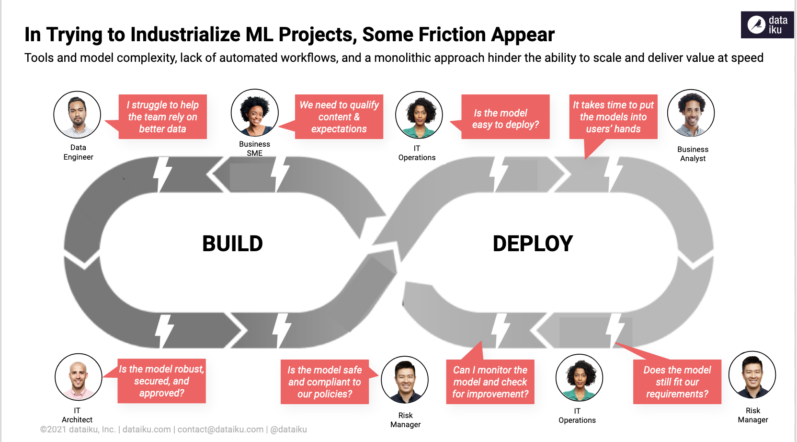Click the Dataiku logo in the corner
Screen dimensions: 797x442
[x=767, y=24]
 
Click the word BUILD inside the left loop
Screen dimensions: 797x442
[x=232, y=244]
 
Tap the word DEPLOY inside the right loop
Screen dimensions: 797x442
[x=533, y=244]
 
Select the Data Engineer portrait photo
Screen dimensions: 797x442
[x=77, y=115]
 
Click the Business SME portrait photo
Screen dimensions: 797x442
[x=255, y=113]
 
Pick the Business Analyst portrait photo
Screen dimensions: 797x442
[x=691, y=113]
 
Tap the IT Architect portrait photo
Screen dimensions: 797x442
[x=78, y=377]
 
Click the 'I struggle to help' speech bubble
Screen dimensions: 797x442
[x=162, y=117]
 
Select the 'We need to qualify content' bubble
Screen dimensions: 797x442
[x=339, y=117]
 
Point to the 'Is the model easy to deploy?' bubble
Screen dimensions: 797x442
[x=505, y=117]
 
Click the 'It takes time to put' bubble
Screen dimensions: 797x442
[x=613, y=117]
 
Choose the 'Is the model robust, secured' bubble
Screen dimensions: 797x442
[x=161, y=381]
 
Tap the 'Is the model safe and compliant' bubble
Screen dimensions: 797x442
[x=324, y=382]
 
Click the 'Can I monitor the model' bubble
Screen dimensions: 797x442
[x=490, y=382]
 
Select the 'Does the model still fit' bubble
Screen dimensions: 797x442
[x=677, y=382]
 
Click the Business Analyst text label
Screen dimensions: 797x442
[x=693, y=154]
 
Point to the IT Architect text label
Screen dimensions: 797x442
[x=77, y=415]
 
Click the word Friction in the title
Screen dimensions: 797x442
[x=452, y=35]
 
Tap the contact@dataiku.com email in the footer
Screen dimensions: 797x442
[x=221, y=430]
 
